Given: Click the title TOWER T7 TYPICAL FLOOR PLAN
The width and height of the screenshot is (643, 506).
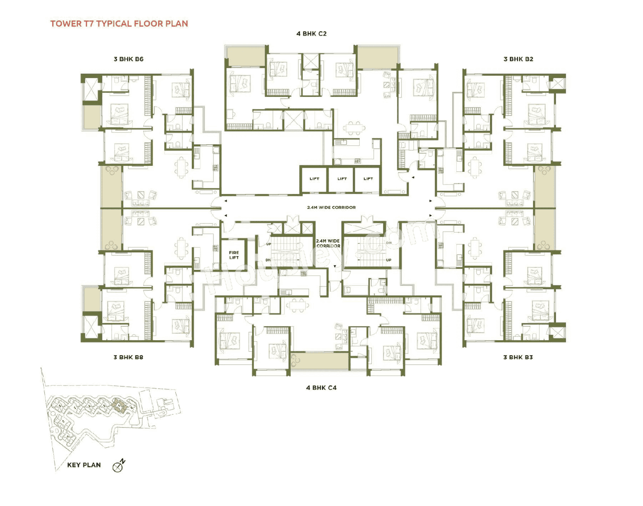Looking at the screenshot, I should [x=119, y=24].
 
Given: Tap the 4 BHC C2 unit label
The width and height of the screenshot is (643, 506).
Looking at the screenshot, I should [x=311, y=34].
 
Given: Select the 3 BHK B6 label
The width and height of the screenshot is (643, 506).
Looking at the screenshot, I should [x=129, y=59].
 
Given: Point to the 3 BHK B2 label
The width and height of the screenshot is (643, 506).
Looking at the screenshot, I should [x=518, y=59].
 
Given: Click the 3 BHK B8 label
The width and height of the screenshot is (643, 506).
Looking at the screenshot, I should [x=128, y=357].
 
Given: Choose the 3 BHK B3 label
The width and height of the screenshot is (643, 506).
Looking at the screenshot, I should [x=518, y=357].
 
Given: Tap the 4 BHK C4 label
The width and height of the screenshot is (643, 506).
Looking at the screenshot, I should [x=321, y=388].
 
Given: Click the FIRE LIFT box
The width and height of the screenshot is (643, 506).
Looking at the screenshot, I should [x=234, y=255].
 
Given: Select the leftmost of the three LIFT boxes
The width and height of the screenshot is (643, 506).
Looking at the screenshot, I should [x=314, y=179].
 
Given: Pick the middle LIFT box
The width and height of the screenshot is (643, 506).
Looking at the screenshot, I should [x=342, y=179].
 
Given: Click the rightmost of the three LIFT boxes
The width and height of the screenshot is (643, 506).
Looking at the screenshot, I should [x=368, y=179].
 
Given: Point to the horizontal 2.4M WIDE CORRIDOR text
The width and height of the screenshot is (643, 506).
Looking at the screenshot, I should [x=332, y=208].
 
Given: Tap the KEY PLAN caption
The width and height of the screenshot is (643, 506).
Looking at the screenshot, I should [x=84, y=465].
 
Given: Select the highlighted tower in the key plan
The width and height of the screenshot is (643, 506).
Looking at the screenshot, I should [x=119, y=405].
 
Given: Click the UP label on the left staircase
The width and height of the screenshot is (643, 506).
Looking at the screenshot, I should [x=268, y=244].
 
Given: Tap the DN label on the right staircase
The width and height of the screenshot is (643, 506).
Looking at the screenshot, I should [x=388, y=243].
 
